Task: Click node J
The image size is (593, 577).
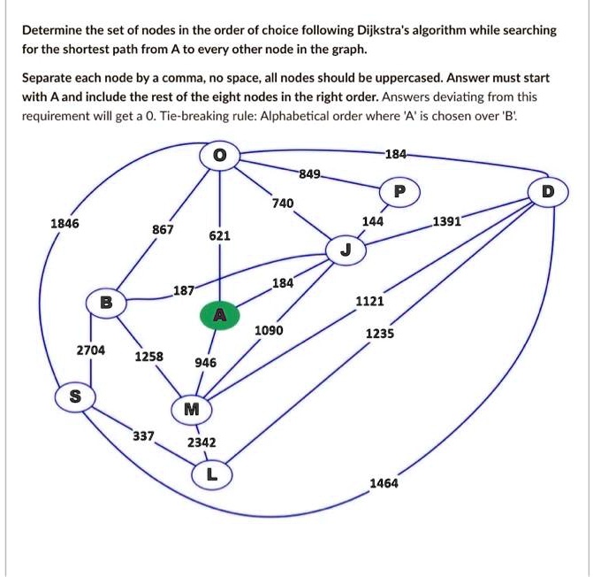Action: [x=345, y=250]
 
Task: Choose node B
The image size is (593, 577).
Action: [x=106, y=302]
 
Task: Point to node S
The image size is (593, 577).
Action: [x=75, y=396]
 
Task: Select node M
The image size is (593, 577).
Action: [x=192, y=409]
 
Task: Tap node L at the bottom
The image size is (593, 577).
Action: [x=209, y=475]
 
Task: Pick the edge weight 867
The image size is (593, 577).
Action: [x=162, y=229]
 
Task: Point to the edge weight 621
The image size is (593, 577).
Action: [x=220, y=236]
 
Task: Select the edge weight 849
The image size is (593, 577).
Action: [x=310, y=172]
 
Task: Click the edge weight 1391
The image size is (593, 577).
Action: [x=446, y=220]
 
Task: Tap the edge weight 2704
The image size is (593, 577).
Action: [x=90, y=350]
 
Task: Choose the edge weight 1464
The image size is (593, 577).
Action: [x=384, y=483]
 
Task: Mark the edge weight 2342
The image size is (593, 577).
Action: [x=201, y=442]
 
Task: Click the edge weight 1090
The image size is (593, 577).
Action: [x=269, y=330]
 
